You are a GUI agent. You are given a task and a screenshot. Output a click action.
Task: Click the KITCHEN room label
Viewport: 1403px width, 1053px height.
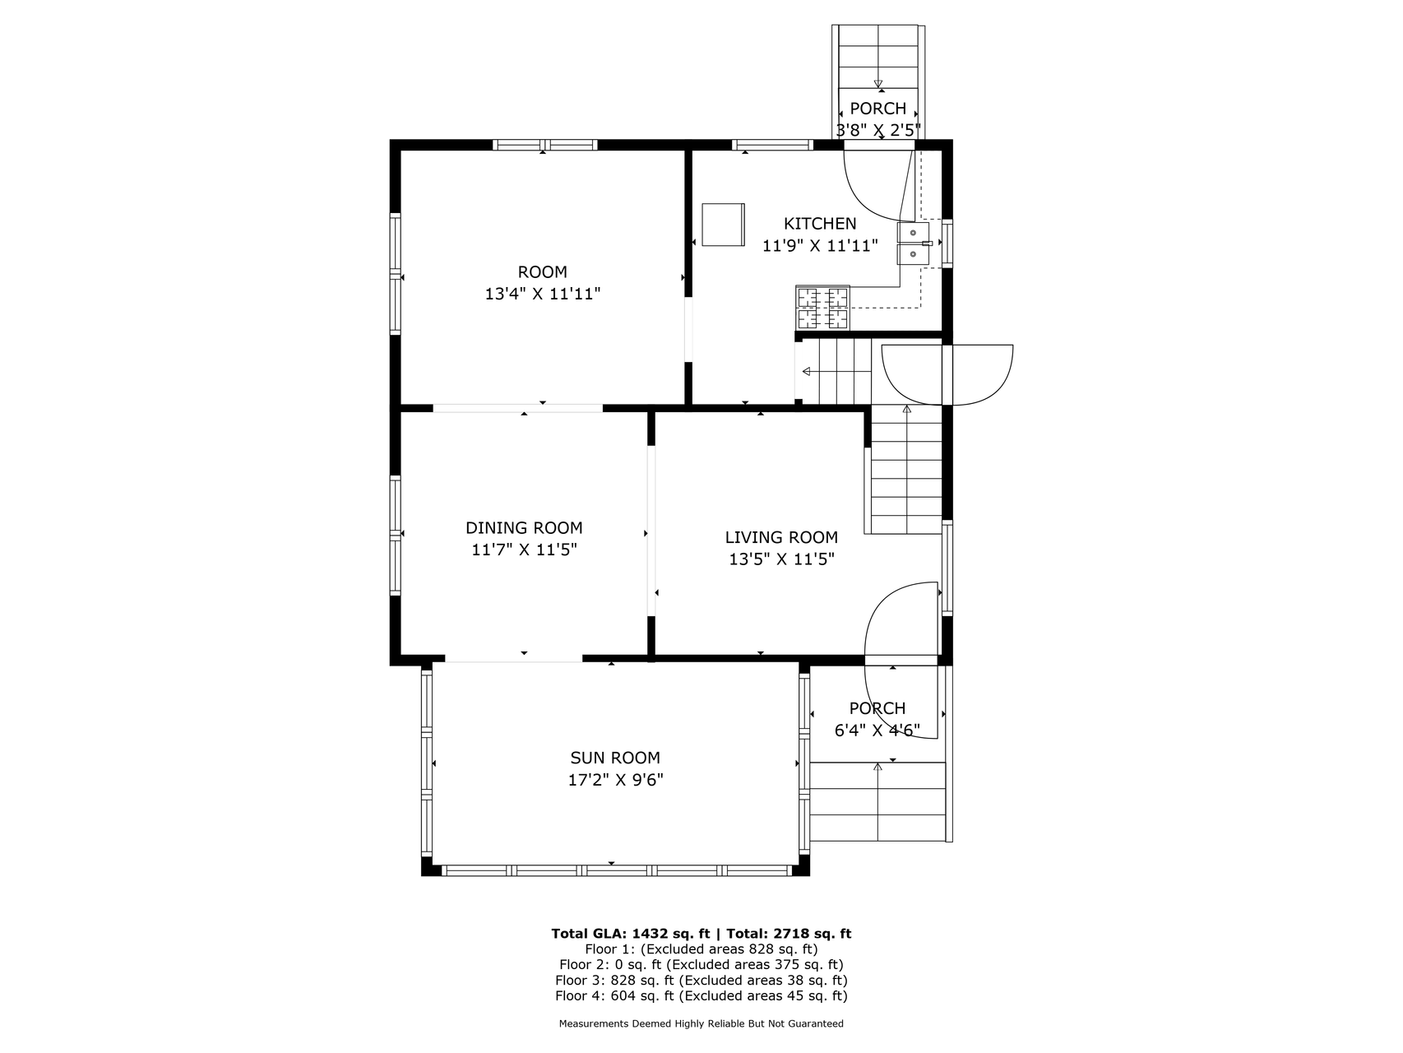pyautogui.click(x=820, y=224)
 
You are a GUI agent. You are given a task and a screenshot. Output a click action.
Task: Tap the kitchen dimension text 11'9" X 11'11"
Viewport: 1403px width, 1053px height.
pyautogui.click(x=820, y=245)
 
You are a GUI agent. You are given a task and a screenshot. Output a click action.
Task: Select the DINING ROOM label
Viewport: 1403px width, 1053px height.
pyautogui.click(x=524, y=528)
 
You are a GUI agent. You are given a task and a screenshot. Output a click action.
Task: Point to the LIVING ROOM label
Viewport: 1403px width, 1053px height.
pyautogui.click(x=781, y=538)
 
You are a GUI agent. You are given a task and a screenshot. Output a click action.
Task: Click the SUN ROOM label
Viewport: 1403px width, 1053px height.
pyautogui.click(x=615, y=758)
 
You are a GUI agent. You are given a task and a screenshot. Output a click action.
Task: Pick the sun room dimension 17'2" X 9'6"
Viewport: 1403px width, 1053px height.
pyautogui.click(x=615, y=780)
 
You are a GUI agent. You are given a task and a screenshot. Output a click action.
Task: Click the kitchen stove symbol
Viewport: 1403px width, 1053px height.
pyautogui.click(x=822, y=308)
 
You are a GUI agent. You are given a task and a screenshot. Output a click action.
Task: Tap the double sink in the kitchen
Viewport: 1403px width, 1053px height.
pyautogui.click(x=914, y=244)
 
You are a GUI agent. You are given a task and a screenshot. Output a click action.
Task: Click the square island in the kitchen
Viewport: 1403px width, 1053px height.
pyautogui.click(x=723, y=224)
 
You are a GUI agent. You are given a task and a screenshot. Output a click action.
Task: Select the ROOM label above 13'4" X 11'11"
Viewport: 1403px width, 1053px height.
pyautogui.click(x=543, y=272)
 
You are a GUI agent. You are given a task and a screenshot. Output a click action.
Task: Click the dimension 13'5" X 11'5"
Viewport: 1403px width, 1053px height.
pyautogui.click(x=781, y=559)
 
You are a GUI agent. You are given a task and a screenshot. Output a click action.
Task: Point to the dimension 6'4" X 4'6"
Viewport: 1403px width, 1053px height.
pyautogui.click(x=877, y=730)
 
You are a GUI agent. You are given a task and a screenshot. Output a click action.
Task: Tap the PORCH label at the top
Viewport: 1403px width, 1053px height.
pyautogui.click(x=877, y=109)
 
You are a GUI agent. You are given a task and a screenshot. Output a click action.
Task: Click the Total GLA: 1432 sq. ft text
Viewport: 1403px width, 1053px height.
pyautogui.click(x=631, y=934)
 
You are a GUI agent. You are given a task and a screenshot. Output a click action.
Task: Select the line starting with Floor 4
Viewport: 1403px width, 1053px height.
pyautogui.click(x=701, y=996)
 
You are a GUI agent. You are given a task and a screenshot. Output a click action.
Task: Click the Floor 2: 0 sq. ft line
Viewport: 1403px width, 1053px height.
pyautogui.click(x=701, y=965)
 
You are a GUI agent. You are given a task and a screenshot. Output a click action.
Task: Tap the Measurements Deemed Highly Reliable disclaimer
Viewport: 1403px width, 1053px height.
pyautogui.click(x=701, y=1024)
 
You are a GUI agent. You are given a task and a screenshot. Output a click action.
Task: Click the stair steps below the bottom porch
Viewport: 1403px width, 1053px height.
pyautogui.click(x=877, y=802)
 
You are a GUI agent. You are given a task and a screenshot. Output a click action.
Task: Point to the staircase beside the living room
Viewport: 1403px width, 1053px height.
pyautogui.click(x=906, y=470)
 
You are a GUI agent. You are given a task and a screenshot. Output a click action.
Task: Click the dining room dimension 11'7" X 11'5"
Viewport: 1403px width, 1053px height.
pyautogui.click(x=524, y=550)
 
